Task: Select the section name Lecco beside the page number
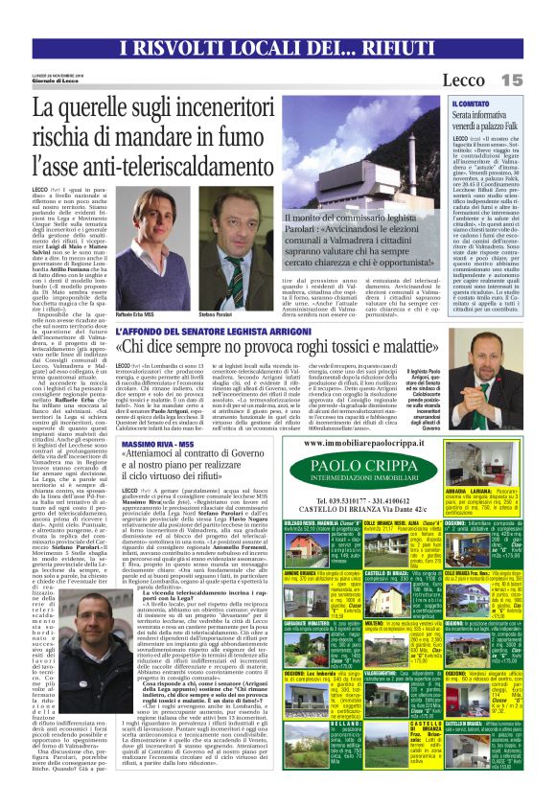490,81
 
